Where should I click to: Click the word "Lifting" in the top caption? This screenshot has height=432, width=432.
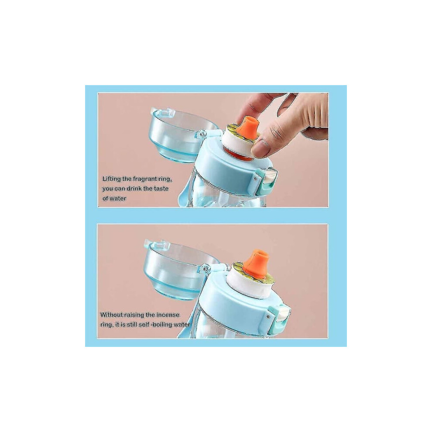[112, 179]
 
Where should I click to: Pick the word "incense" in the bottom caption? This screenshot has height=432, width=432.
[168, 315]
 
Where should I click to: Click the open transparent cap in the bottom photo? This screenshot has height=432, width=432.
[176, 269]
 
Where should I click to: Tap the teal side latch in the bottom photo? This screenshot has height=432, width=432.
[278, 317]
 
